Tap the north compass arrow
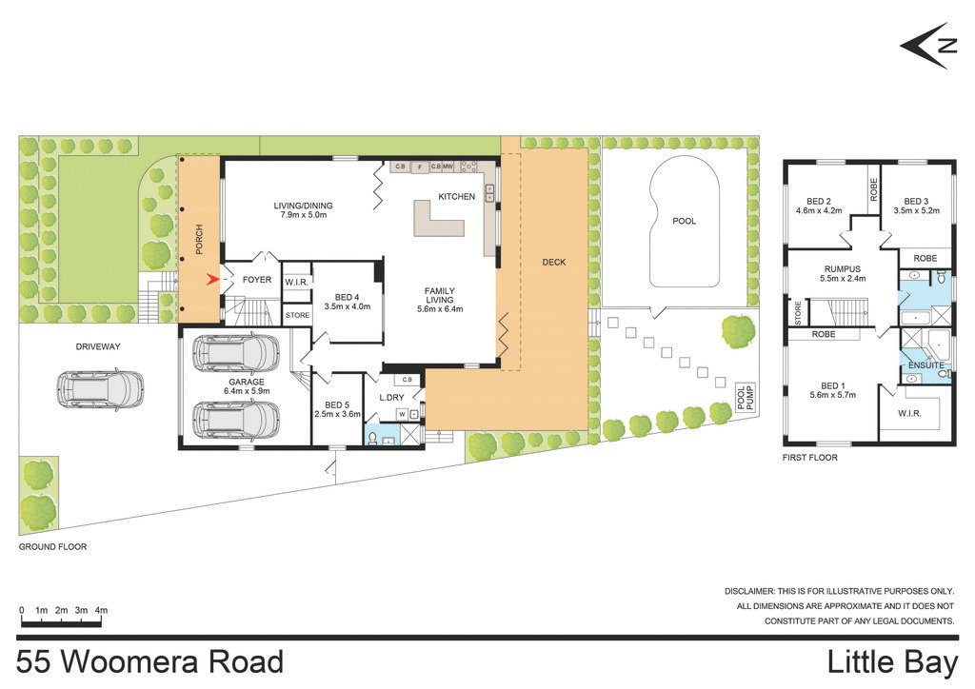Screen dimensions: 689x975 (x=925, y=46)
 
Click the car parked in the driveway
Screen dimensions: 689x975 (x=100, y=388)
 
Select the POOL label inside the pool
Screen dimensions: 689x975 (x=684, y=221)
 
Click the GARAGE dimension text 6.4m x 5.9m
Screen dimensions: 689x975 (x=246, y=390)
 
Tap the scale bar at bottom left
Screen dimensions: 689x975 (x=61, y=624)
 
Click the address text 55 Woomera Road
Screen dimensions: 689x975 (x=150, y=661)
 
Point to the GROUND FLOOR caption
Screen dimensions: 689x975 (x=52, y=547)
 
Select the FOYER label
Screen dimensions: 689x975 (x=257, y=280)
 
